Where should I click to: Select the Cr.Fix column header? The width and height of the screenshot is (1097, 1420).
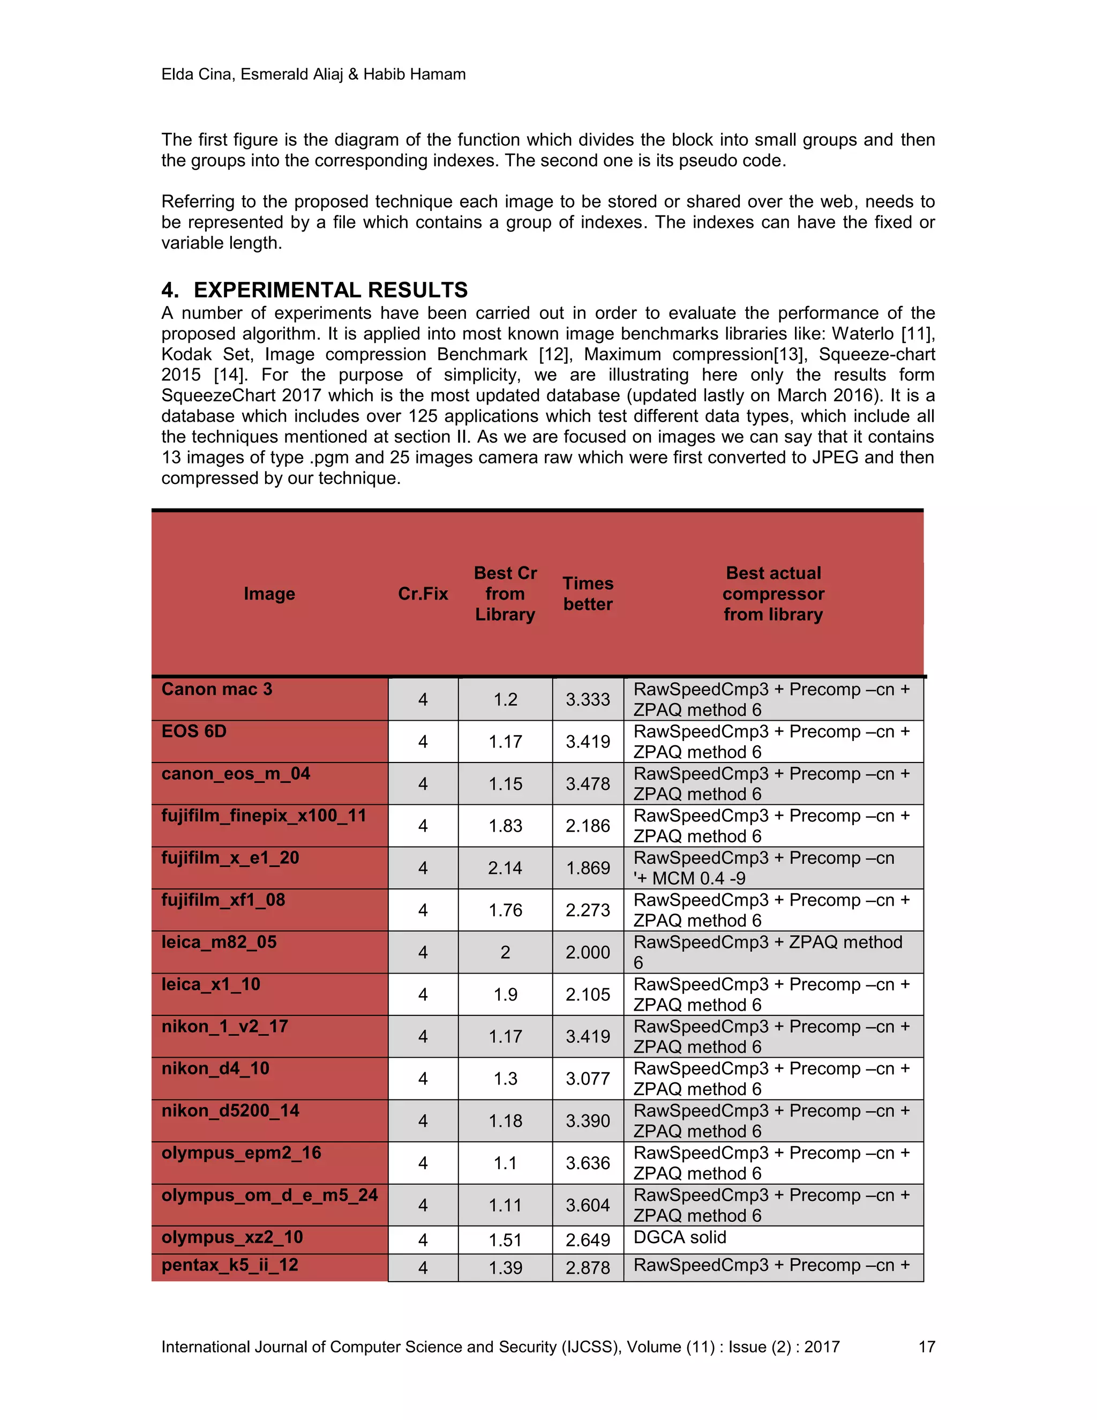[x=423, y=594]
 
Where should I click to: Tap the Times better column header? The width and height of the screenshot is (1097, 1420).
[x=588, y=594]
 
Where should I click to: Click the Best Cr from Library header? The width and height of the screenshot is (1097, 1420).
[x=505, y=594]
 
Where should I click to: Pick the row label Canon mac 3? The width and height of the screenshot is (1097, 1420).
[x=217, y=689]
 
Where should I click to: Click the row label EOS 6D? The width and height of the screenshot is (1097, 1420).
[x=194, y=731]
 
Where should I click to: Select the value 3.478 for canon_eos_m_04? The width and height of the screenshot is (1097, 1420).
[x=588, y=783]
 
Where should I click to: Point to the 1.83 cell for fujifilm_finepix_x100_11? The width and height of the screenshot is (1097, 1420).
[x=505, y=826]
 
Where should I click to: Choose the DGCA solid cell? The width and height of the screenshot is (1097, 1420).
[x=680, y=1237]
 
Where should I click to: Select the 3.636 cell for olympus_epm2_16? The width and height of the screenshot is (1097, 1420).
[x=588, y=1163]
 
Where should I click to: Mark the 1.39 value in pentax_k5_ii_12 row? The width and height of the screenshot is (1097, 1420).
[x=505, y=1267]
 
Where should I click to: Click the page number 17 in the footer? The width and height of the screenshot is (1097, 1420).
[x=926, y=1347]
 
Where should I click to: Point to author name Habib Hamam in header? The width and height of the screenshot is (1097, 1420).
[x=414, y=74]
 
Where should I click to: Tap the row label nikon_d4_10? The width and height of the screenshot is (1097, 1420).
[x=215, y=1068]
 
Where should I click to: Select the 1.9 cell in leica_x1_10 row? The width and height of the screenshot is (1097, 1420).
[x=505, y=994]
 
